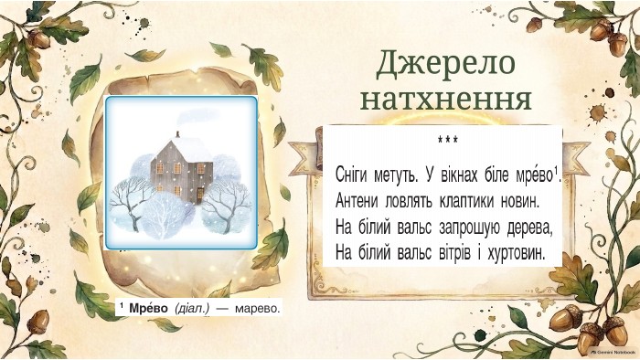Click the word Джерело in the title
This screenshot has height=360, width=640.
point(445,63)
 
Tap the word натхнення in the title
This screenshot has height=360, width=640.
point(446,99)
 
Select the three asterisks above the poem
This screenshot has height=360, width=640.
point(447,140)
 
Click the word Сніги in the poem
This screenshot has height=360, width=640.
point(350,175)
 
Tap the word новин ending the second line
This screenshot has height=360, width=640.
point(525,201)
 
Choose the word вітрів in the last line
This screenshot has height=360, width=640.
point(455,253)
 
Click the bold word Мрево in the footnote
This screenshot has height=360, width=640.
point(148,308)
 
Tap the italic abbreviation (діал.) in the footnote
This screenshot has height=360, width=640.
point(192,309)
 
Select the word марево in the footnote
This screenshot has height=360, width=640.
point(258,309)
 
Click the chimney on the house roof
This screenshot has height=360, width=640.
point(177,134)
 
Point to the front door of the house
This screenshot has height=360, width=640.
point(200,195)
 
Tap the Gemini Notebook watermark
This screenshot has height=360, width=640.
point(613,352)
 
